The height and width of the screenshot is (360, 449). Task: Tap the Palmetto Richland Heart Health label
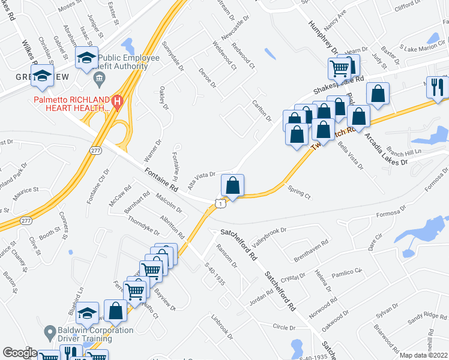pos(72,103)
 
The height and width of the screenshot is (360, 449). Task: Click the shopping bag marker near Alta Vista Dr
pos(232,187)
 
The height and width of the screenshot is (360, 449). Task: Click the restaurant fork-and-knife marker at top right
pos(437,86)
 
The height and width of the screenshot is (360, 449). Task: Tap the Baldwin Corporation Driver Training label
pos(96,335)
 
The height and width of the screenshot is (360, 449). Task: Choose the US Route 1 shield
pos(221,204)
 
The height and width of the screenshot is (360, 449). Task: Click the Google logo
pos(20,353)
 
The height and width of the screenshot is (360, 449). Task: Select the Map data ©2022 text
pos(424,355)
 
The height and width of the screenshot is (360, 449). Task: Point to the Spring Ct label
pos(299,194)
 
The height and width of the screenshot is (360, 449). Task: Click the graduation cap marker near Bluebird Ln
pos(88,313)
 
